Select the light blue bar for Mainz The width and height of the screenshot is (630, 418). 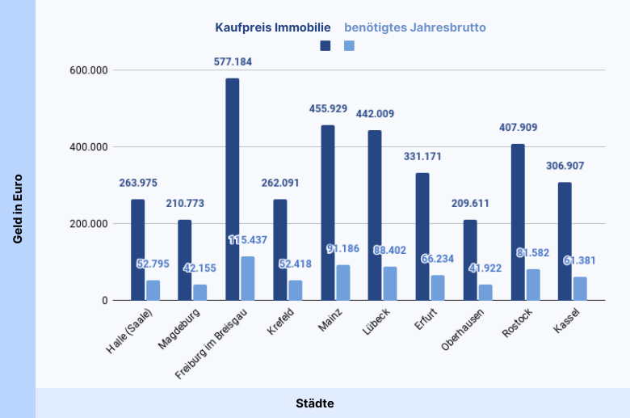[x=343, y=282]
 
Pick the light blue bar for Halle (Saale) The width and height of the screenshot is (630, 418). [x=153, y=290]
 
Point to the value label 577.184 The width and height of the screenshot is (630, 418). [x=233, y=61]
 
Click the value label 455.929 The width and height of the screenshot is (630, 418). [x=328, y=108]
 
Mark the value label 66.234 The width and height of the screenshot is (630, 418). [x=438, y=259]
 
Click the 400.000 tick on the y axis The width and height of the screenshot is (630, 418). [x=90, y=147]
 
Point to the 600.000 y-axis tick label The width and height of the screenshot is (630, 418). [x=90, y=70]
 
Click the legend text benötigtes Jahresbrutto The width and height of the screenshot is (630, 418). [x=415, y=27]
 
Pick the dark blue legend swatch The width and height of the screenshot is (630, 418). [x=325, y=46]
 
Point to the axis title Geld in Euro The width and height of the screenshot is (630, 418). [x=17, y=209]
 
